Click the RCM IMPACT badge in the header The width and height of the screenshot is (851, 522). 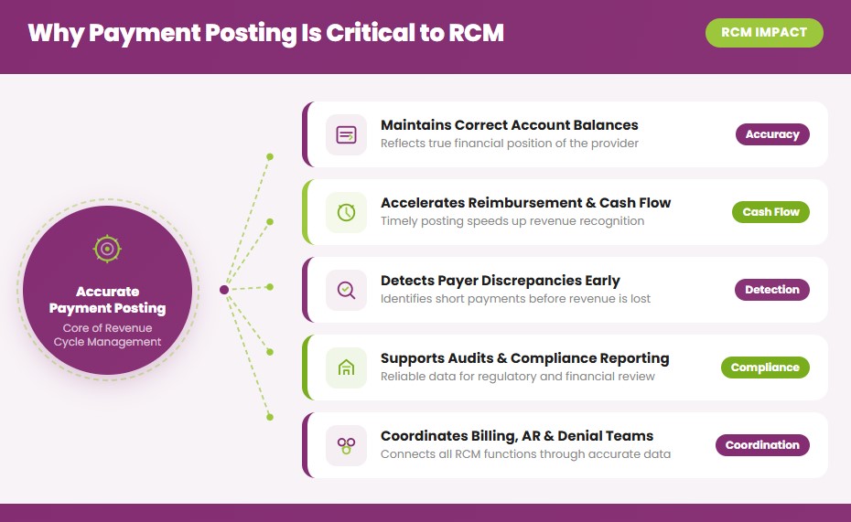pyautogui.click(x=764, y=33)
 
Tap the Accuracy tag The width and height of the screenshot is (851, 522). pyautogui.click(x=772, y=134)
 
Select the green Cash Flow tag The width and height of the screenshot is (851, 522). pyautogui.click(x=770, y=212)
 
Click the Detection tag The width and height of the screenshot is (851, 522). pyautogui.click(x=771, y=290)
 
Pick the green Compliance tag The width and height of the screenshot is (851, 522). pyautogui.click(x=765, y=368)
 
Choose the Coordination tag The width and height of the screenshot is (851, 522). pyautogui.click(x=761, y=445)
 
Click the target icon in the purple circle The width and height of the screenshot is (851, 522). pyautogui.click(x=107, y=248)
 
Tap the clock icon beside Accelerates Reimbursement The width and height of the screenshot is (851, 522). pyautogui.click(x=346, y=212)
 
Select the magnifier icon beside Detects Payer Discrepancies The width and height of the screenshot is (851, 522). pyautogui.click(x=346, y=290)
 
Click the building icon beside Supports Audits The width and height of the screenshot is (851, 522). pyautogui.click(x=346, y=368)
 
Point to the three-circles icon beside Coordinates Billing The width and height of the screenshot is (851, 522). pyautogui.click(x=346, y=445)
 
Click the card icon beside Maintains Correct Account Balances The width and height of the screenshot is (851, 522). pyautogui.click(x=346, y=134)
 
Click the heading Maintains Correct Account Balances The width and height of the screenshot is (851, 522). pyautogui.click(x=509, y=125)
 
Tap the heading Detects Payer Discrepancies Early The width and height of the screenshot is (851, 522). pyautogui.click(x=500, y=281)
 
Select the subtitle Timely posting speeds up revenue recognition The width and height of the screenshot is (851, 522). pyautogui.click(x=512, y=221)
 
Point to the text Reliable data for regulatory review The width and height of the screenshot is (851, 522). pyautogui.click(x=517, y=377)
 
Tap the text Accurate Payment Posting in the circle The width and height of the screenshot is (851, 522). pyautogui.click(x=107, y=300)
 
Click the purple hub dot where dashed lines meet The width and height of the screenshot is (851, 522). pyautogui.click(x=224, y=290)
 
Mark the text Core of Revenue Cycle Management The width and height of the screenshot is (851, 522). pyautogui.click(x=107, y=335)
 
